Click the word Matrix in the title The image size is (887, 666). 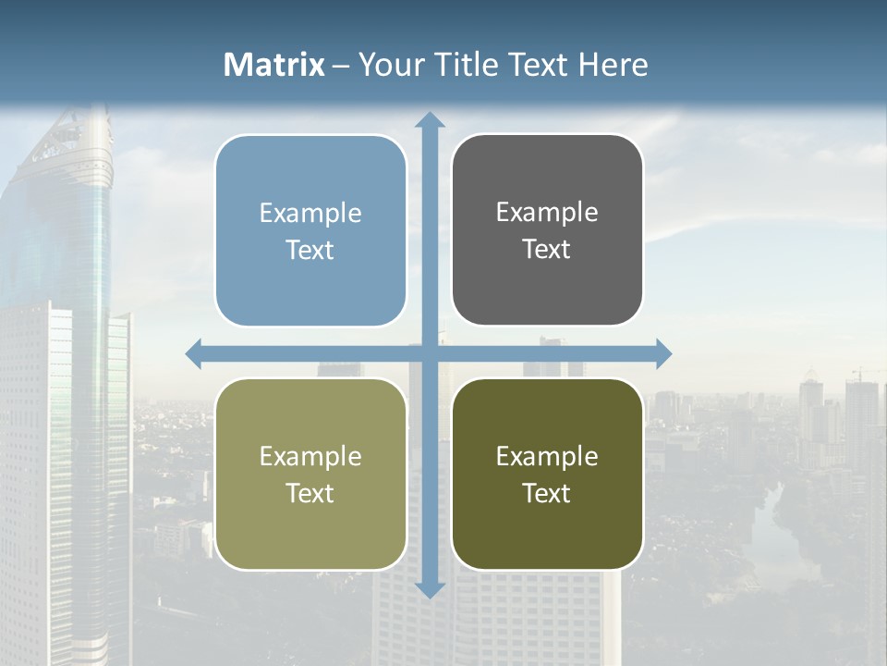274,65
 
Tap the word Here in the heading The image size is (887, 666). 614,65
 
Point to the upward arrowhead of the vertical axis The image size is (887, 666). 430,120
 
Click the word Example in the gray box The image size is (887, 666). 547,213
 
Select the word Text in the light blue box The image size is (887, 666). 310,250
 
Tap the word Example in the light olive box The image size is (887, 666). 310,456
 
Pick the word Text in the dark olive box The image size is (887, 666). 547,493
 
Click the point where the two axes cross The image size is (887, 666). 430,353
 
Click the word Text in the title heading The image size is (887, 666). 538,65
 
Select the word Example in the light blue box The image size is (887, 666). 310,214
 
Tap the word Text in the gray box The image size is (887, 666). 547,249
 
